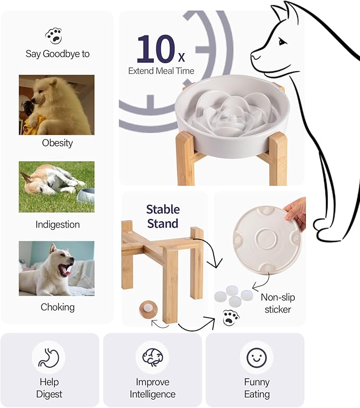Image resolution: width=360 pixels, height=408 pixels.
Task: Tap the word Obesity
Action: pos(57,143)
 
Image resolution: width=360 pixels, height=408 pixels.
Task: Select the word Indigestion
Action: pos(57,224)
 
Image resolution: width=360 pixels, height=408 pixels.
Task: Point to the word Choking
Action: pos(57,307)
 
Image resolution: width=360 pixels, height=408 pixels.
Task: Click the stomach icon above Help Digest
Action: pos(49,357)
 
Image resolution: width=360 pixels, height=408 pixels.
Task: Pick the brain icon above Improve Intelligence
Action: pos(152,357)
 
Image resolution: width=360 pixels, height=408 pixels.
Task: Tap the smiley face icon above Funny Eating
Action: pos(257,357)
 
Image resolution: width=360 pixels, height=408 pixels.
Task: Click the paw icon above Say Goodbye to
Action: pos(54,36)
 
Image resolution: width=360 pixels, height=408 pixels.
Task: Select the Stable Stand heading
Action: pos(163,216)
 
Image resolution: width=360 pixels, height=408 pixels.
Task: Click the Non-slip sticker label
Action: pos(278,303)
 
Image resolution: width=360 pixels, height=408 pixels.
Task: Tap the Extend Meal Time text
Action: pos(161,71)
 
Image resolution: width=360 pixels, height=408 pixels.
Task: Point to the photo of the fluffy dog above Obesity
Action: pos(57,105)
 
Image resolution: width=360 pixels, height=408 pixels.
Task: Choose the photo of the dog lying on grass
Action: pos(57,187)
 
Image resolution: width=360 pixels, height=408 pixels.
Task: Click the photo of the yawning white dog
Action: pos(57,268)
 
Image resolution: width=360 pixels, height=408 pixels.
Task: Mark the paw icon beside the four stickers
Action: pos(231,318)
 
